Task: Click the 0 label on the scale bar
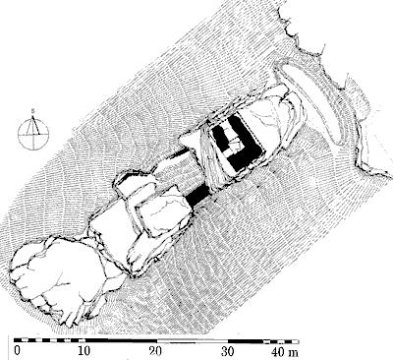tap(17, 351)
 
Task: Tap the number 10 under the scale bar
tap(84, 351)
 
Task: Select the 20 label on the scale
tap(155, 351)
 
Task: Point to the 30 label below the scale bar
tap(227, 351)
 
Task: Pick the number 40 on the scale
tap(278, 351)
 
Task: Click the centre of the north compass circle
tap(33, 134)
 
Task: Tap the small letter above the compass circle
tap(32, 111)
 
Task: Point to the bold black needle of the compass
tap(35, 125)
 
